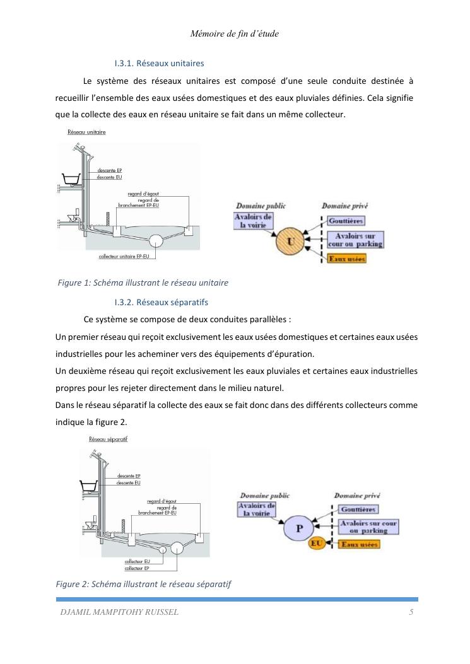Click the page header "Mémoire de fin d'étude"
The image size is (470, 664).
tap(234, 34)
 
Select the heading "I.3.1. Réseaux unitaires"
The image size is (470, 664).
tap(159, 64)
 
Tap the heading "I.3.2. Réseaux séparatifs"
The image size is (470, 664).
tap(161, 302)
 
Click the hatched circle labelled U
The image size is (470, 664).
tap(291, 240)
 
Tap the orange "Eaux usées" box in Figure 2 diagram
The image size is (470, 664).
tap(360, 543)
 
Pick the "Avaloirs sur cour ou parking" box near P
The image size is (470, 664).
tap(368, 527)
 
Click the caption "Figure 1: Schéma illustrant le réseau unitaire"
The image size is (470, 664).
tap(143, 283)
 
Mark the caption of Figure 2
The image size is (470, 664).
tap(144, 585)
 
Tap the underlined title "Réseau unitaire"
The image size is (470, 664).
tap(86, 132)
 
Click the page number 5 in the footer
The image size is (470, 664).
tap(411, 612)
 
